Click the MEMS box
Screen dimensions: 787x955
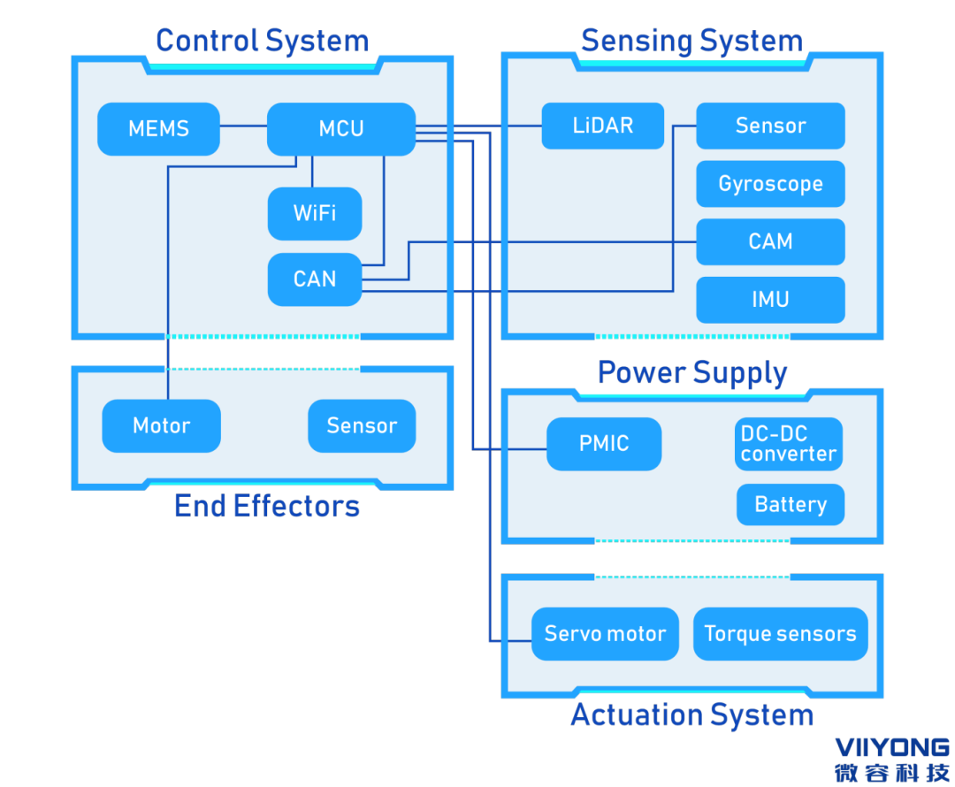(x=158, y=129)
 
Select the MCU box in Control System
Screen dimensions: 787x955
(x=341, y=129)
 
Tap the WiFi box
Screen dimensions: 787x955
(x=315, y=213)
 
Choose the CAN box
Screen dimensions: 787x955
(x=315, y=279)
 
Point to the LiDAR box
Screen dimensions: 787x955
(x=603, y=126)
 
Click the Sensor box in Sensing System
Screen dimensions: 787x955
(x=770, y=126)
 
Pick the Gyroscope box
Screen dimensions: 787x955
(x=770, y=184)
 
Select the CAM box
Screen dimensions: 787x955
(x=770, y=241)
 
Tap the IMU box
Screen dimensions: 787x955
(x=770, y=300)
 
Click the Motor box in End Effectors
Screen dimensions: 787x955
(x=161, y=426)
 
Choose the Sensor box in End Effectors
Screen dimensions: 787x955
(x=362, y=426)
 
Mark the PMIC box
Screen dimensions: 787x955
(x=604, y=444)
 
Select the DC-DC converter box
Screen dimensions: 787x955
(x=789, y=444)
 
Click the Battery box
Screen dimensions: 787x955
(x=791, y=505)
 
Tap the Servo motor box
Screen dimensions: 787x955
(x=605, y=634)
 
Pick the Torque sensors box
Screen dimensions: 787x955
(x=780, y=634)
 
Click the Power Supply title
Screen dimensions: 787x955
(x=692, y=372)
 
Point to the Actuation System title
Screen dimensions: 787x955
(x=692, y=714)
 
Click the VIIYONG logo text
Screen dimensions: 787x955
(x=891, y=748)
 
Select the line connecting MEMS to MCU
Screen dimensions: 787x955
(x=243, y=126)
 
